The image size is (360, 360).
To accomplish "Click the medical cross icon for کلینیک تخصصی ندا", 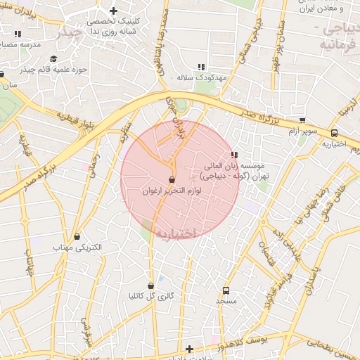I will pos(113,11).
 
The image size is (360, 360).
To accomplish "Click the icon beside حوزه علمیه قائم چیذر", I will pos(53,59).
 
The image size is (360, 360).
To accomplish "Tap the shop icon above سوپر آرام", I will pos(302,120).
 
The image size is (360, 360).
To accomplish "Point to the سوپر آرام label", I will pos(302,131).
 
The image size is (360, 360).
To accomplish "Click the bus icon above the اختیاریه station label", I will pos(333,133).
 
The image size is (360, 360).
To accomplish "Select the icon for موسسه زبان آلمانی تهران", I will pos(233,155).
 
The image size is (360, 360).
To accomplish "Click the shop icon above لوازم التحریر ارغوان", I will pos(172,180).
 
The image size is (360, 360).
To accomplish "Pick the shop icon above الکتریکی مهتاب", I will pos(77,237).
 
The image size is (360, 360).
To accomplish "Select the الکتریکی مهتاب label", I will pos(77,248).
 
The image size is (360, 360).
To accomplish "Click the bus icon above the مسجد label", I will pos(226,290).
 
